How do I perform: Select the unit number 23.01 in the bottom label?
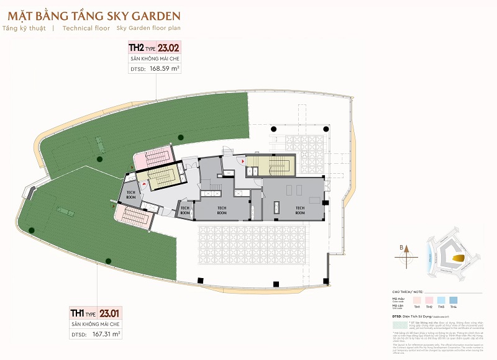click(x=110, y=313)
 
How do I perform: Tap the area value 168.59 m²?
click(x=165, y=69)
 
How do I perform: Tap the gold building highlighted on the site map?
click(x=458, y=257)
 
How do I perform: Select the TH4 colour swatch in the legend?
click(x=454, y=299)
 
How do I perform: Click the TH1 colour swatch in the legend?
click(x=417, y=299)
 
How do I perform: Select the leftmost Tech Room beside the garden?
click(x=131, y=193)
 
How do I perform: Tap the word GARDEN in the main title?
click(x=152, y=15)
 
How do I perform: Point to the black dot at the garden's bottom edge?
click(x=108, y=260)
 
